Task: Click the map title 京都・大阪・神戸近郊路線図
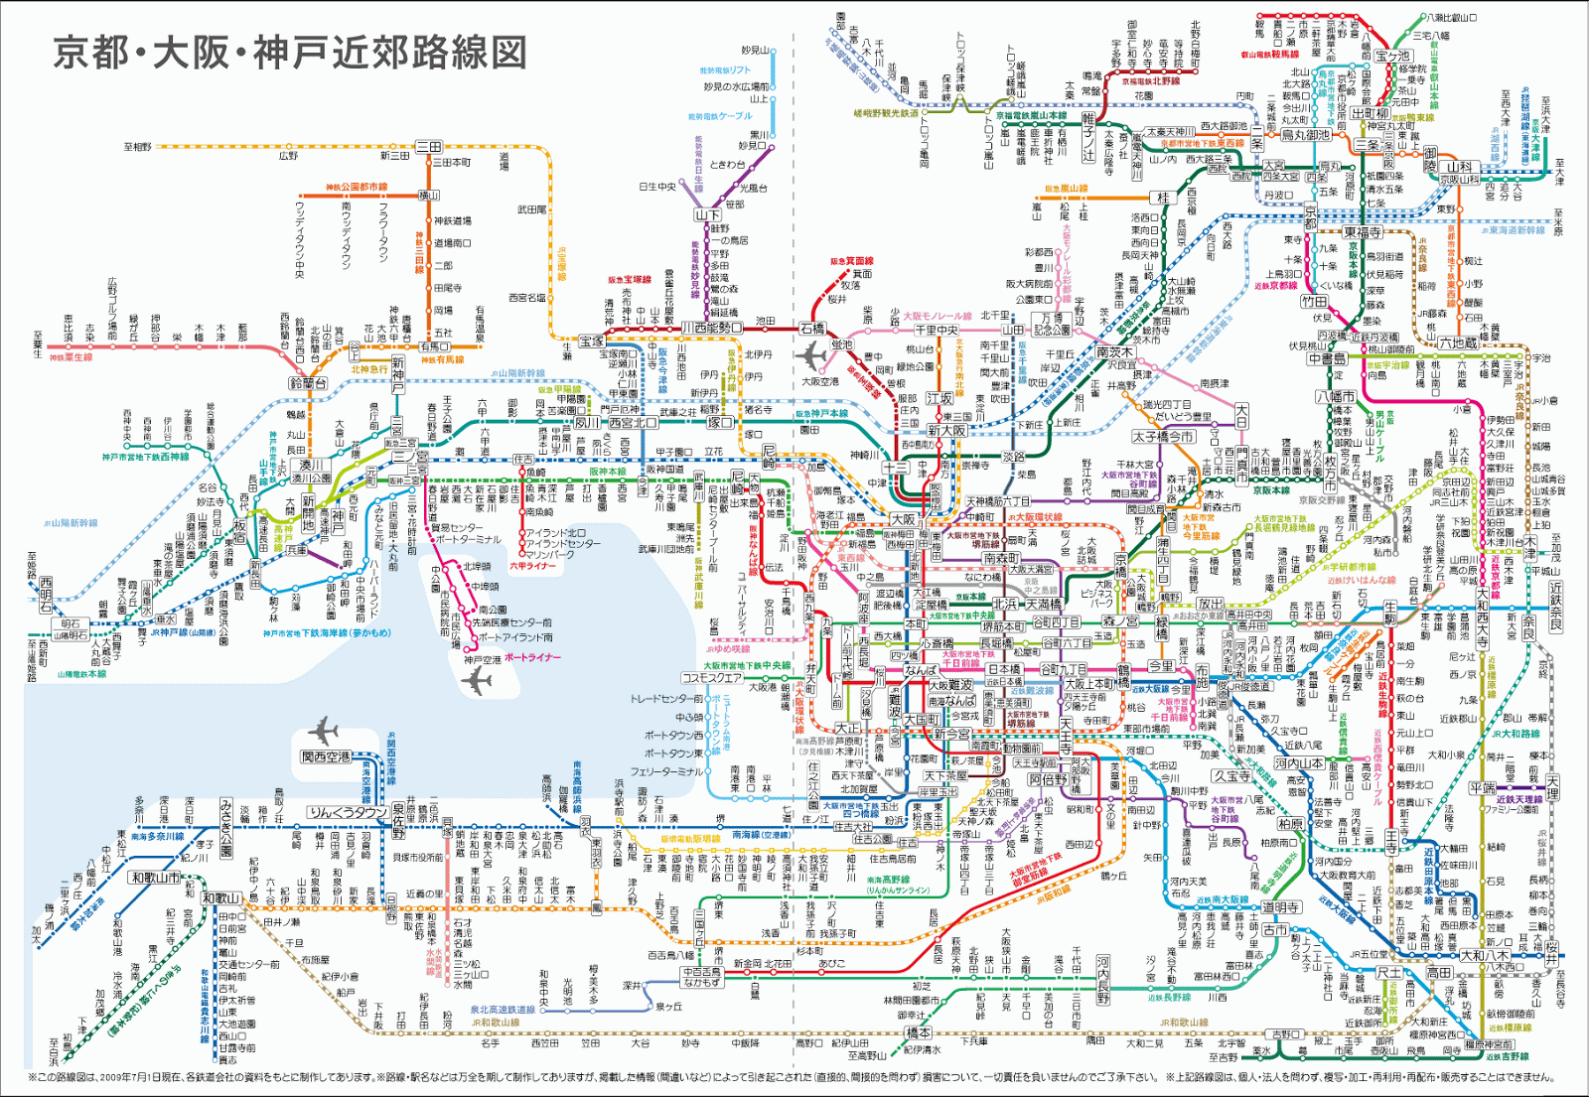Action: pyautogui.click(x=289, y=53)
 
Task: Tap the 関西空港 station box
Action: pyautogui.click(x=327, y=757)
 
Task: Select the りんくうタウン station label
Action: pyautogui.click(x=348, y=812)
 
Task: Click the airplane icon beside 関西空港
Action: pyautogui.click(x=323, y=732)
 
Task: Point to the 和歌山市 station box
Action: pyautogui.click(x=155, y=878)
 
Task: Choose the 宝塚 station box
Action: pyautogui.click(x=592, y=342)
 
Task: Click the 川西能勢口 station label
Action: pyautogui.click(x=710, y=328)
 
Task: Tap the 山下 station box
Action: pyautogui.click(x=707, y=214)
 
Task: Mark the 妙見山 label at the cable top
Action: pyautogui.click(x=755, y=51)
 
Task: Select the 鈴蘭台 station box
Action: pyautogui.click(x=308, y=383)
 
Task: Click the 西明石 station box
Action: pyautogui.click(x=46, y=595)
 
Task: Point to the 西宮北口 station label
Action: pyautogui.click(x=633, y=422)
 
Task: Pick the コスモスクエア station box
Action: pyautogui.click(x=711, y=678)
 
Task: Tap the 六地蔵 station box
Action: pyautogui.click(x=1458, y=343)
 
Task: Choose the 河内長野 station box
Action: pyautogui.click(x=1103, y=979)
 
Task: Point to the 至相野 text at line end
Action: pyautogui.click(x=138, y=147)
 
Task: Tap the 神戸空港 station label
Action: pyautogui.click(x=482, y=659)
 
